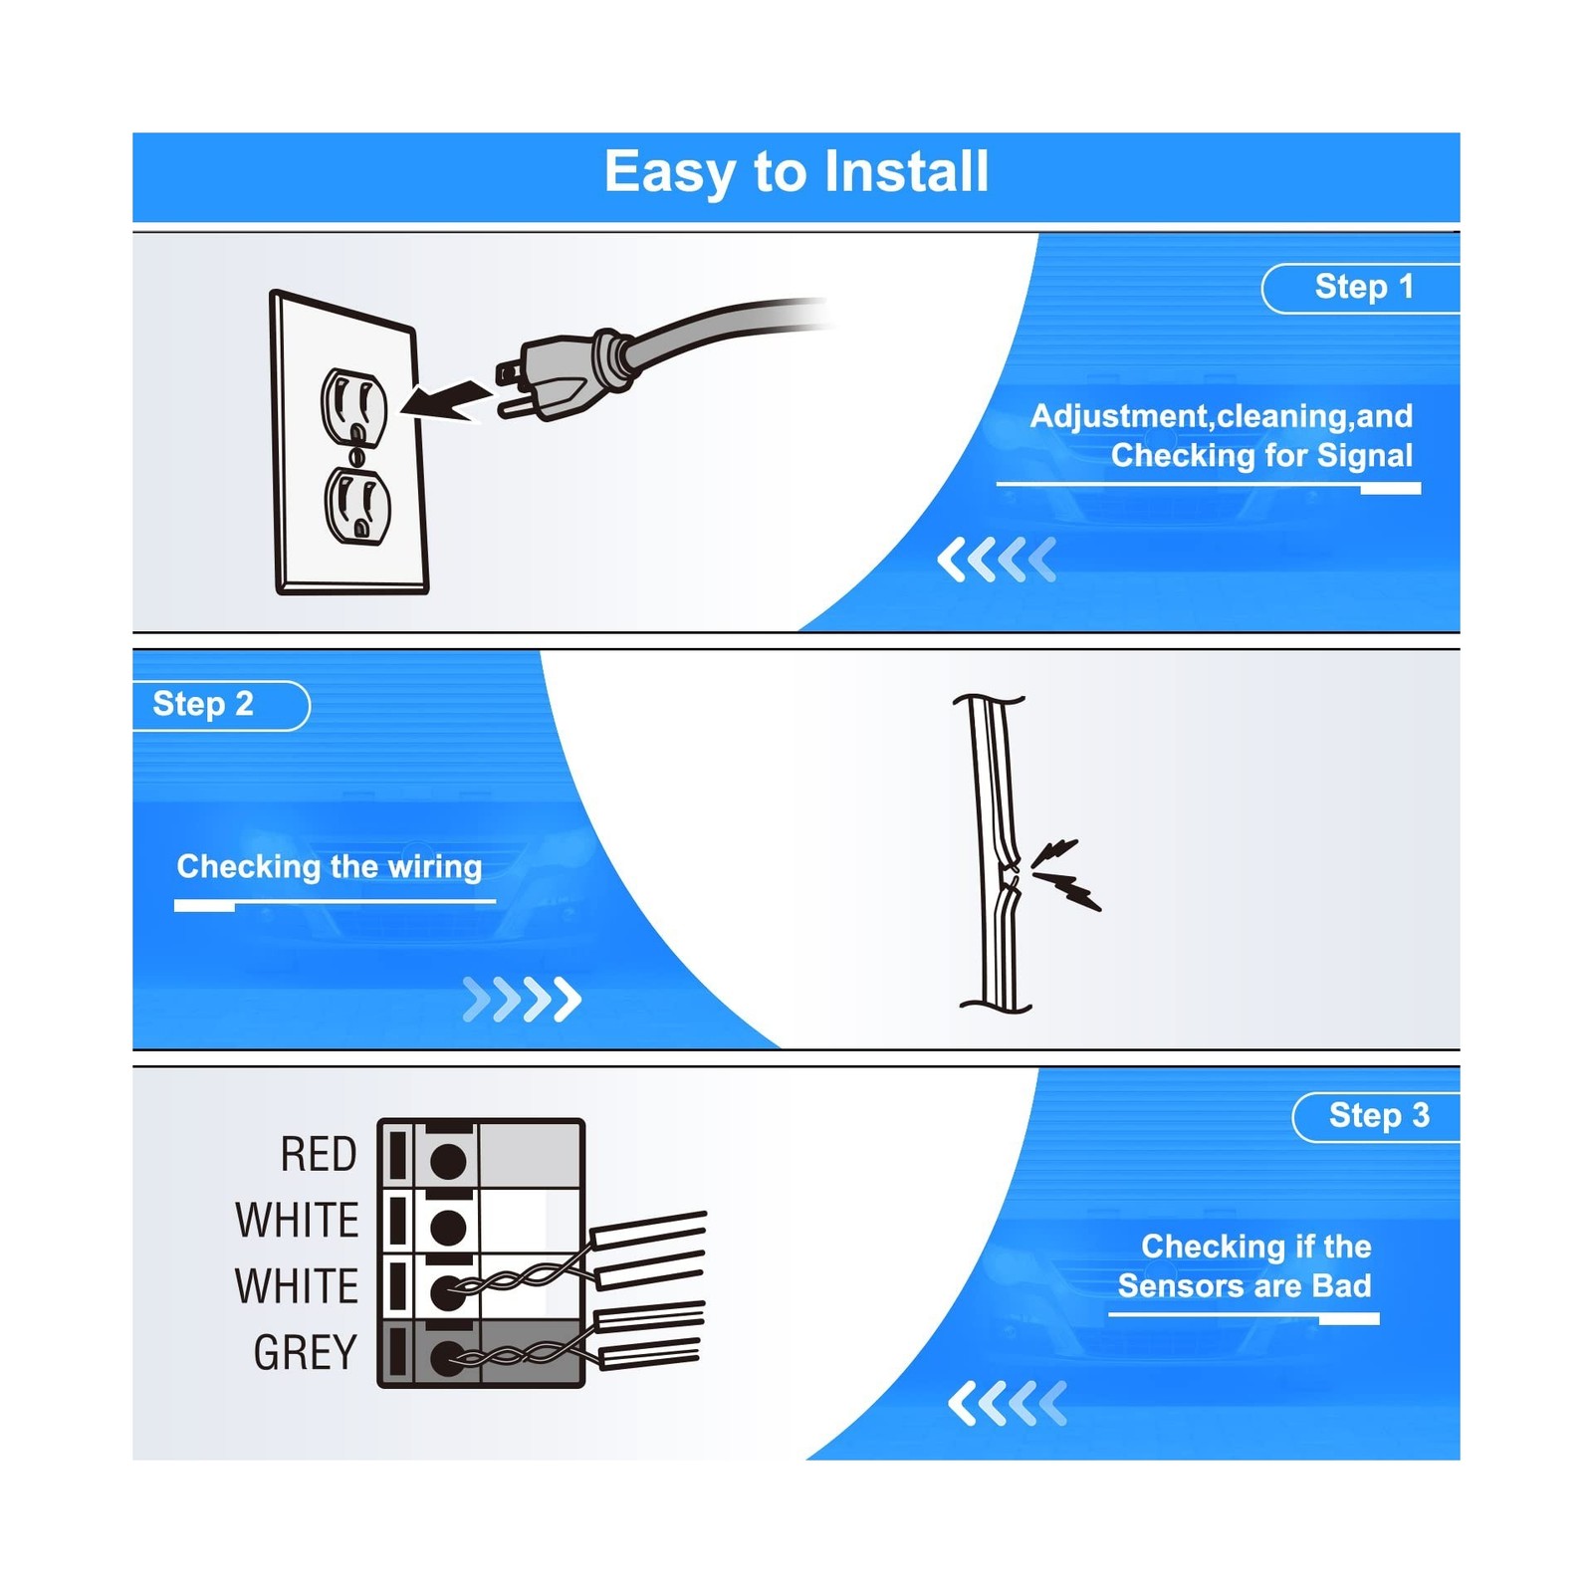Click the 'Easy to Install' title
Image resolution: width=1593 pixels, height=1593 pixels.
pyautogui.click(x=796, y=172)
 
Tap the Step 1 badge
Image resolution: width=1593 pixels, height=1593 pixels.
pyautogui.click(x=1362, y=288)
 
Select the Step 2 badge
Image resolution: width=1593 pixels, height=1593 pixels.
pyautogui.click(x=204, y=705)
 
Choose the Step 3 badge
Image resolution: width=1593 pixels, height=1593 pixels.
pyautogui.click(x=1378, y=1116)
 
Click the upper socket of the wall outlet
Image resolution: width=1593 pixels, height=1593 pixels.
pyautogui.click(x=352, y=404)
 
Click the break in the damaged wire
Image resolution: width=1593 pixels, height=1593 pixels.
pyautogui.click(x=1010, y=876)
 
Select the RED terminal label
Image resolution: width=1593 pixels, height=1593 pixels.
pyautogui.click(x=319, y=1155)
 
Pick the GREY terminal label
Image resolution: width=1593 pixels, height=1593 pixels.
pyautogui.click(x=305, y=1353)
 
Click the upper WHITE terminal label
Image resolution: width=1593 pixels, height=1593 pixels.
pyautogui.click(x=297, y=1221)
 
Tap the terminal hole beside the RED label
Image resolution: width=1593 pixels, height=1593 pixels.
pyautogui.click(x=447, y=1160)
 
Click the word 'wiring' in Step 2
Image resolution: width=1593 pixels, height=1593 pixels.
pyautogui.click(x=434, y=867)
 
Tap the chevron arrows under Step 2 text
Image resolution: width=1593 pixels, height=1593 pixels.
pyautogui.click(x=522, y=999)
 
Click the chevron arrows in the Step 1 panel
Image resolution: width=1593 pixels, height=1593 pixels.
pyautogui.click(x=996, y=560)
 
